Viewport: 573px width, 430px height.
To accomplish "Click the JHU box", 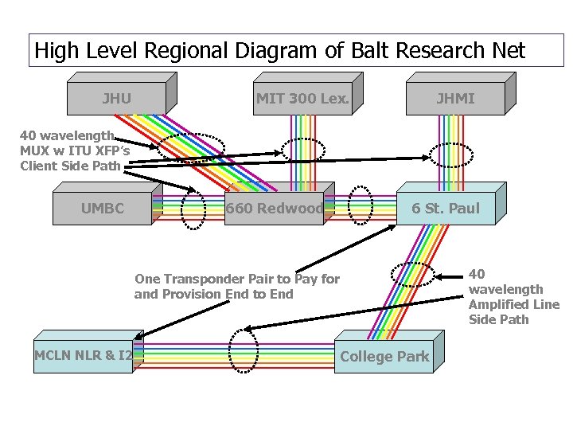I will pyautogui.click(x=117, y=100).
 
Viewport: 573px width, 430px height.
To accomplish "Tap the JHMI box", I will pyautogui.click(x=455, y=100).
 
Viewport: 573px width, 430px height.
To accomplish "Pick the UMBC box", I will pyautogui.click(x=103, y=209).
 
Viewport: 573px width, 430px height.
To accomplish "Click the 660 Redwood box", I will pyautogui.click(x=274, y=209).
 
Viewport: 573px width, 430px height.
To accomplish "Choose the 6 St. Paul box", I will pyautogui.click(x=445, y=209).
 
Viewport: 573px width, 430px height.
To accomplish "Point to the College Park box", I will pyautogui.click(x=384, y=357).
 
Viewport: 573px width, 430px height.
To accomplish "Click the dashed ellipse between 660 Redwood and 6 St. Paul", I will pyautogui.click(x=361, y=206).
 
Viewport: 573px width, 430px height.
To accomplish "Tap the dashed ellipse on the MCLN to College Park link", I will pyautogui.click(x=243, y=350).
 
